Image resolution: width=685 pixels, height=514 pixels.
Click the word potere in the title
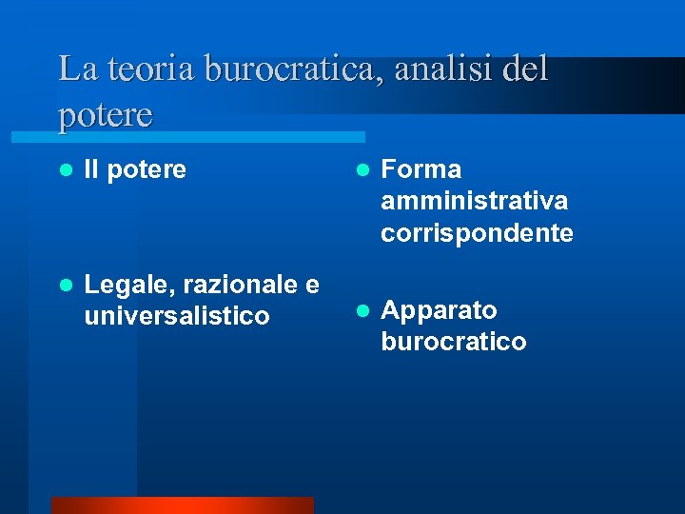[105, 115]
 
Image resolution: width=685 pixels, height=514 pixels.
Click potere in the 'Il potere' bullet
[147, 171]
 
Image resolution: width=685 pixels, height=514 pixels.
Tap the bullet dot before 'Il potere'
[65, 170]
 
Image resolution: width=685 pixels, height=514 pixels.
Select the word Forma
[421, 169]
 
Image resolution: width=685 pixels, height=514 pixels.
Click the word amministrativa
[474, 201]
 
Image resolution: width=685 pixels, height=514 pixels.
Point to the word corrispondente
[477, 233]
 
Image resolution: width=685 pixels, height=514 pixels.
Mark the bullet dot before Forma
[362, 170]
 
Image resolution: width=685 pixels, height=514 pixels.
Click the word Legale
[127, 285]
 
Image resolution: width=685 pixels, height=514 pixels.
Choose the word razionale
[238, 284]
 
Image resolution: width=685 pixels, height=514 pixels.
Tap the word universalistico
[176, 315]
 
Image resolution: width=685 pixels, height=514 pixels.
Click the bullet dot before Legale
[65, 285]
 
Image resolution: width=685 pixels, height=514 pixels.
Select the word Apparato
[439, 311]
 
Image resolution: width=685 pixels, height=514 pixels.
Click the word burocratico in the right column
[453, 342]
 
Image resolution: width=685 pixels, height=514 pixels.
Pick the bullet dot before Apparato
[362, 310]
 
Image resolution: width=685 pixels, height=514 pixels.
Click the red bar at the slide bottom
[182, 504]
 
